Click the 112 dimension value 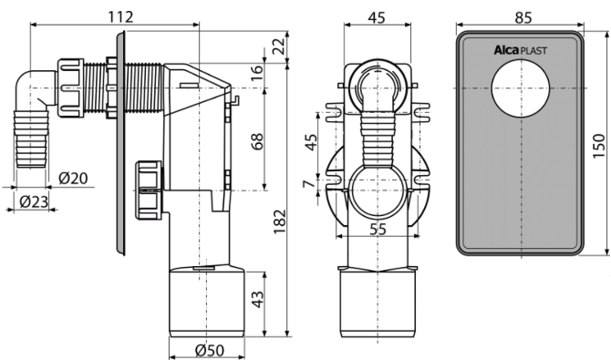[120, 16]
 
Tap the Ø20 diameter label [73, 178]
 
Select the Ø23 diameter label [34, 201]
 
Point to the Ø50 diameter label [210, 351]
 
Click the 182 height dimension [280, 221]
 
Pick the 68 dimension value [257, 141]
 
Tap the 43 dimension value [257, 299]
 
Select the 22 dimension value [278, 46]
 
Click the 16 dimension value [257, 73]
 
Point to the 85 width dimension [523, 17]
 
